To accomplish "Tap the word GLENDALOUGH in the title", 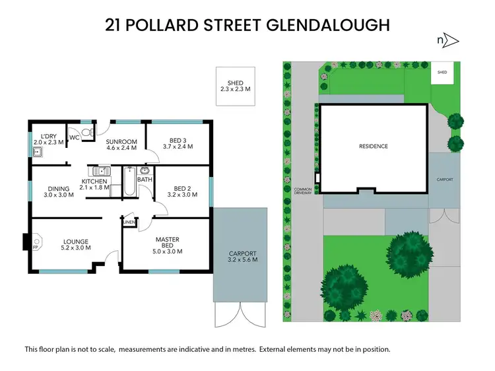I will click(x=328, y=25).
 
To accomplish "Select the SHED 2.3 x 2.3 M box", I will click(x=235, y=86).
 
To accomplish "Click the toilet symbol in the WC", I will click(x=92, y=133).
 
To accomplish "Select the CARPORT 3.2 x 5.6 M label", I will click(x=242, y=257).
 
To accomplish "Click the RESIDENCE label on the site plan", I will click(x=374, y=147).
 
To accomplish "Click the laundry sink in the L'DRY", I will click(x=38, y=153).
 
